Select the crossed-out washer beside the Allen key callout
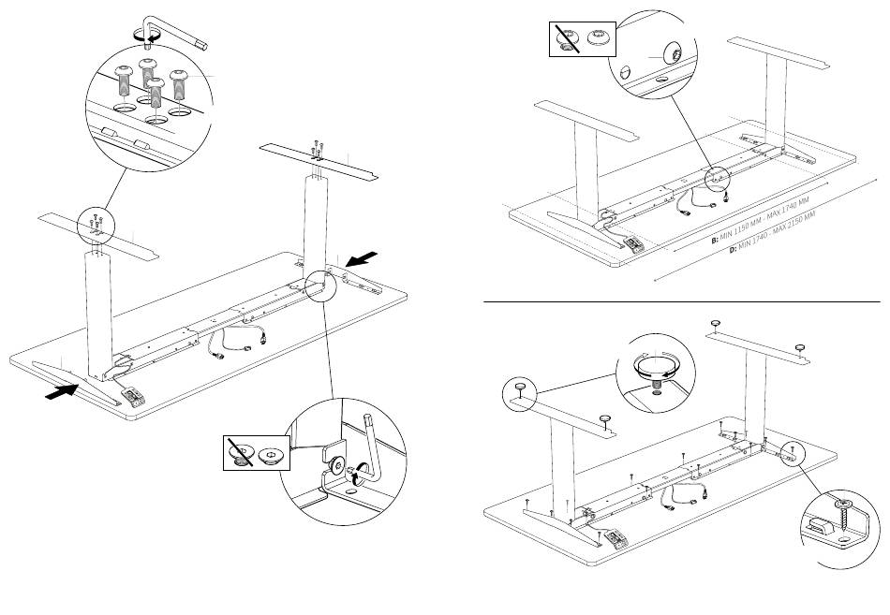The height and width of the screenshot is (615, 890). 242,454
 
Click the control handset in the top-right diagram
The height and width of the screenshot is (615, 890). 634,245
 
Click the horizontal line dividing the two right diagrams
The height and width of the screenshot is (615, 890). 681,302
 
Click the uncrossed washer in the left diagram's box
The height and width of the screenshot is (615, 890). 273,454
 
